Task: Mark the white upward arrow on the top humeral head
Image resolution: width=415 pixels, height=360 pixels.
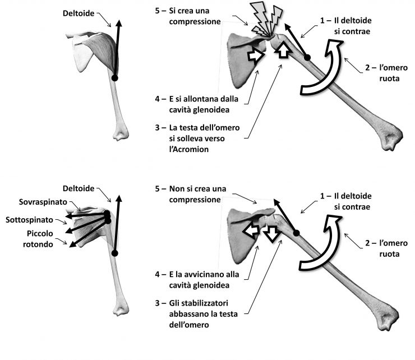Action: pos(283,50)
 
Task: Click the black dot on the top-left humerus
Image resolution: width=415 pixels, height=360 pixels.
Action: pos(114,78)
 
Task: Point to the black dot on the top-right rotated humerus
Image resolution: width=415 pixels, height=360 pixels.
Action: pos(307,57)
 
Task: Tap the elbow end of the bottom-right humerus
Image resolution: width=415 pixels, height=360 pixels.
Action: pos(390,321)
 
